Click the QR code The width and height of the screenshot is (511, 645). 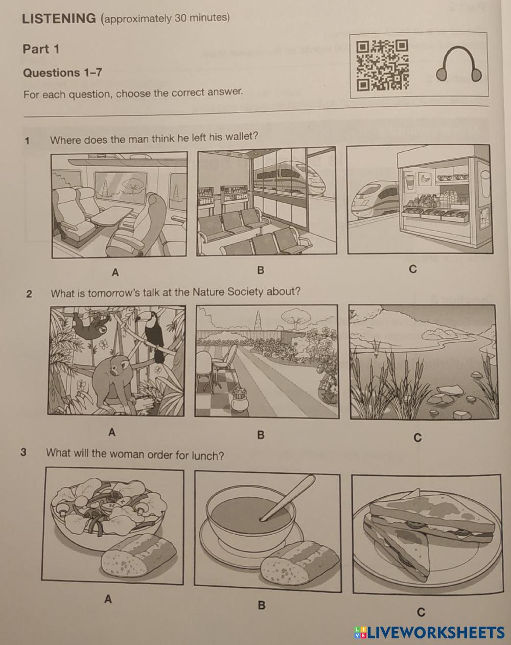pyautogui.click(x=382, y=65)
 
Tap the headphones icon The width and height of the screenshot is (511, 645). pyautogui.click(x=458, y=65)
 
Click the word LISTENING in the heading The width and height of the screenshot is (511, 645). pyautogui.click(x=59, y=18)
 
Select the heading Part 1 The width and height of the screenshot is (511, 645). pyautogui.click(x=41, y=49)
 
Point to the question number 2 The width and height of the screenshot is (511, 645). pyautogui.click(x=29, y=293)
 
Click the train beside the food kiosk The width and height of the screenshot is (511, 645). pyautogui.click(x=373, y=199)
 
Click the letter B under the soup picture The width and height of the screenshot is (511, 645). pyautogui.click(x=261, y=605)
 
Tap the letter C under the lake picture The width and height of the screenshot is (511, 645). pyautogui.click(x=417, y=437)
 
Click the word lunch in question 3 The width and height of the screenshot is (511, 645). pyautogui.click(x=205, y=455)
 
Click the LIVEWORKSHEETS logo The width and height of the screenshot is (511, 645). pyautogui.click(x=429, y=633)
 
